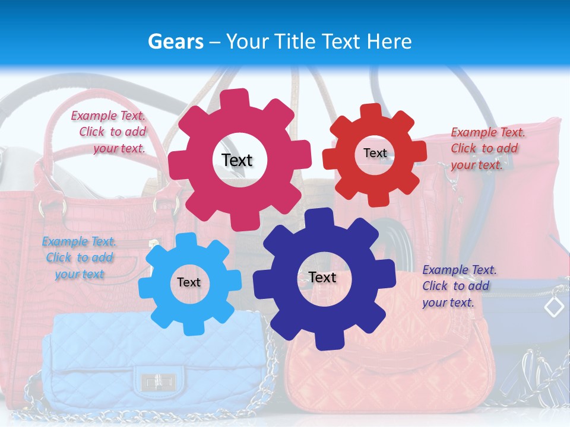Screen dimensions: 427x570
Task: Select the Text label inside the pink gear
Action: (237, 160)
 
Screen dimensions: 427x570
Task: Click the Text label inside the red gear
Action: (375, 153)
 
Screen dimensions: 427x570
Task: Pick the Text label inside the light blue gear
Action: (189, 282)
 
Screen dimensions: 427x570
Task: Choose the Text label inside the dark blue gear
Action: (322, 277)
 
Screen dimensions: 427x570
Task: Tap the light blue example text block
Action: (79, 257)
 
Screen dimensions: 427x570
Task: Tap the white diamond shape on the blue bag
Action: (554, 306)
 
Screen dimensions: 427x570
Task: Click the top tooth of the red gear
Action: (372, 111)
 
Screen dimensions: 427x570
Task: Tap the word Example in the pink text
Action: (91, 116)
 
